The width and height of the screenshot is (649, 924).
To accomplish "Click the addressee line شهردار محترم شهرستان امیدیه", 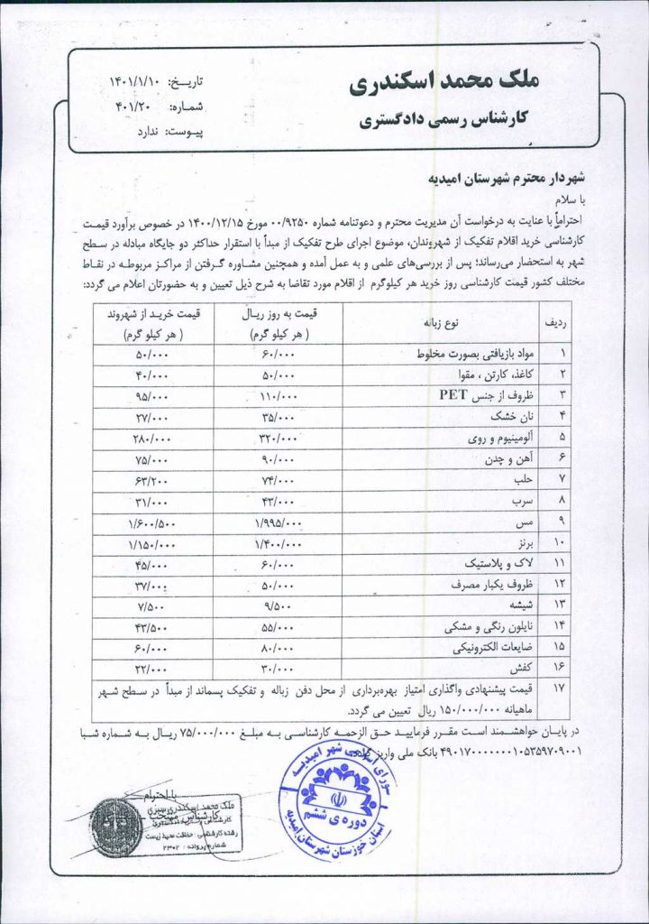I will coord(488,179).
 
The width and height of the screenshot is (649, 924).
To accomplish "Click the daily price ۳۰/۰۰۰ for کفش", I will coord(278,669).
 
